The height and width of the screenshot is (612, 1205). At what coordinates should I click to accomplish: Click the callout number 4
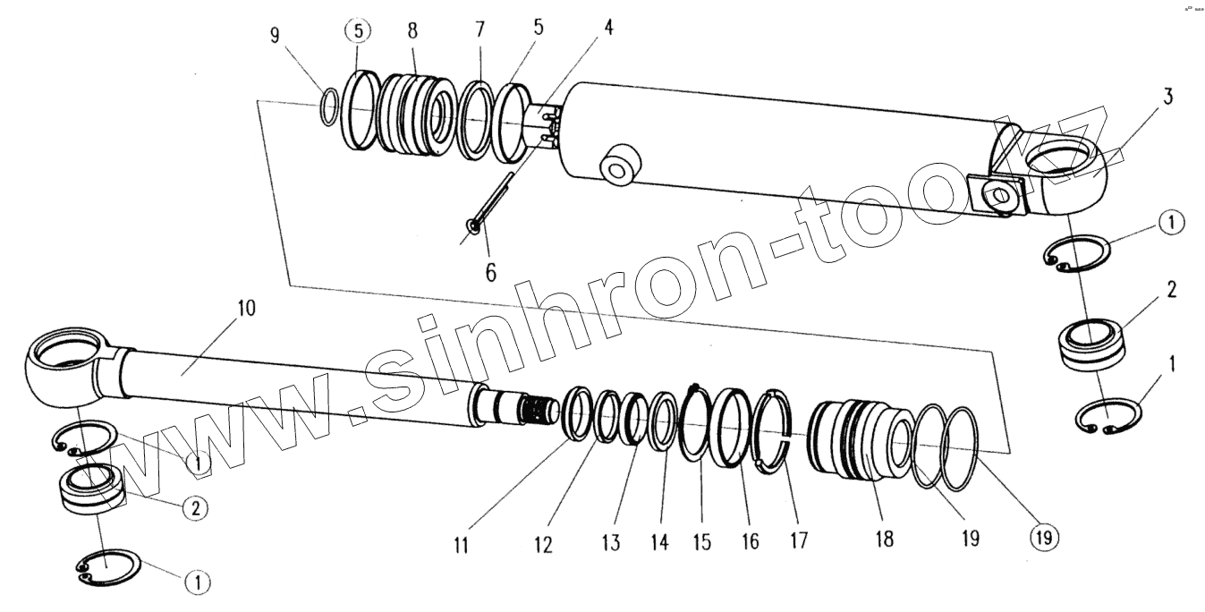(608, 26)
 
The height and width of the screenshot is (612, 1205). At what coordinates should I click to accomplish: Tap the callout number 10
(246, 310)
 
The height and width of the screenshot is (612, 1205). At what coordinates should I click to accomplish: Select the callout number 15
(702, 542)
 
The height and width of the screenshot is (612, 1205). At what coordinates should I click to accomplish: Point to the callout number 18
(884, 540)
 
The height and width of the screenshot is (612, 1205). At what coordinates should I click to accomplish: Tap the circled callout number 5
(357, 30)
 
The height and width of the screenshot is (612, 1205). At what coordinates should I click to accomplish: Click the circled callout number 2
(196, 509)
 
